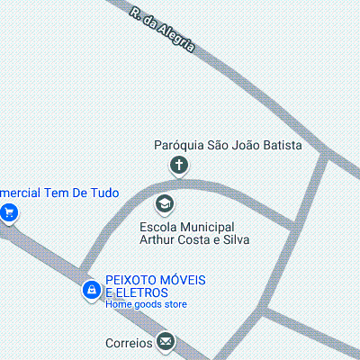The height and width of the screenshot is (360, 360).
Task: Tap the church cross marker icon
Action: pyautogui.click(x=179, y=165)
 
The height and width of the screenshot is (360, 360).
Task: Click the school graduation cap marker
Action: pyautogui.click(x=165, y=204)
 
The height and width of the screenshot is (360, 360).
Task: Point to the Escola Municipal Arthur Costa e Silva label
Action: pyautogui.click(x=193, y=233)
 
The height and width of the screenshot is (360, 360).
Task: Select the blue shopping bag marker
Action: pyautogui.click(x=91, y=290)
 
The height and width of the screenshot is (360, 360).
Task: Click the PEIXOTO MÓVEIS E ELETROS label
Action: pyautogui.click(x=155, y=286)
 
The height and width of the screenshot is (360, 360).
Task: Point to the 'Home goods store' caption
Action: pyautogui.click(x=146, y=304)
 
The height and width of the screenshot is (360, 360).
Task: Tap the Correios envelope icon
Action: pyautogui.click(x=165, y=341)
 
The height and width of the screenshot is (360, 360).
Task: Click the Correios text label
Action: pyautogui.click(x=128, y=343)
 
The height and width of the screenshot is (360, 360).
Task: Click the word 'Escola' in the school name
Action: pyautogui.click(x=158, y=227)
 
